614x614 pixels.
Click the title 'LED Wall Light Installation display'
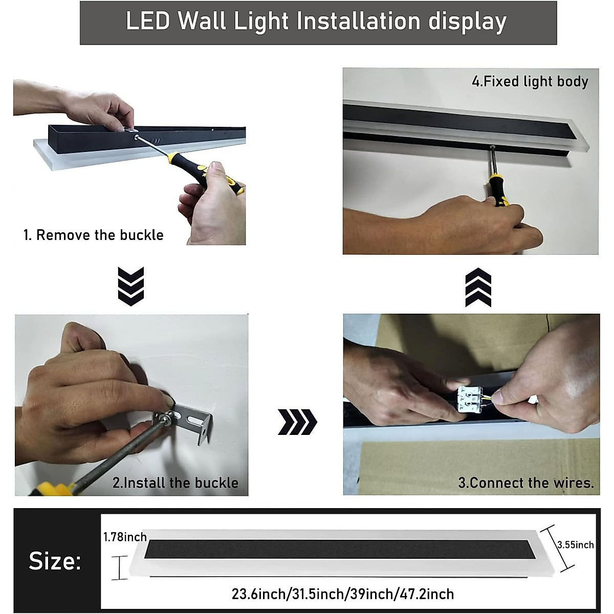pyautogui.click(x=316, y=22)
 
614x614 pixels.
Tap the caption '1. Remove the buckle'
pyautogui.click(x=94, y=235)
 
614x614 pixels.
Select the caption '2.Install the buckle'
pyautogui.click(x=176, y=483)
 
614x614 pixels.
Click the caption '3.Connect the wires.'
pyautogui.click(x=526, y=483)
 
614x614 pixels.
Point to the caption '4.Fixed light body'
pyautogui.click(x=530, y=81)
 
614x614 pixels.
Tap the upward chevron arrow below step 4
pyautogui.click(x=478, y=288)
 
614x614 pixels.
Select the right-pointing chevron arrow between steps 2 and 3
pyautogui.click(x=297, y=422)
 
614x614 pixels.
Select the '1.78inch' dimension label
pyautogui.click(x=125, y=537)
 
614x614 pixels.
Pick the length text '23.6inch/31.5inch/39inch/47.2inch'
pyautogui.click(x=342, y=594)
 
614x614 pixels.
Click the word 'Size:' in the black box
pyautogui.click(x=55, y=561)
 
